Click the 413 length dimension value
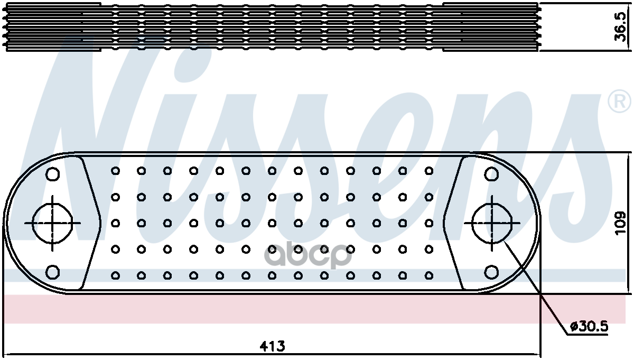(x=272, y=346)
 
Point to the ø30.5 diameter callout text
(x=589, y=327)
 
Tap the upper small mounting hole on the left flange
(x=53, y=174)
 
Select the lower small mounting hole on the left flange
(x=53, y=272)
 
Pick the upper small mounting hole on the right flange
(x=492, y=174)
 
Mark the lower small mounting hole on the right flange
(x=492, y=272)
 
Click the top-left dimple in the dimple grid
(x=115, y=171)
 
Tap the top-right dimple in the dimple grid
(x=429, y=171)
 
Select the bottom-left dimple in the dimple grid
(x=115, y=275)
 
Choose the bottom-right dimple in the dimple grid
(x=429, y=275)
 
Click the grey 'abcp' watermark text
(x=308, y=255)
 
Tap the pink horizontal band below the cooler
(x=314, y=309)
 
